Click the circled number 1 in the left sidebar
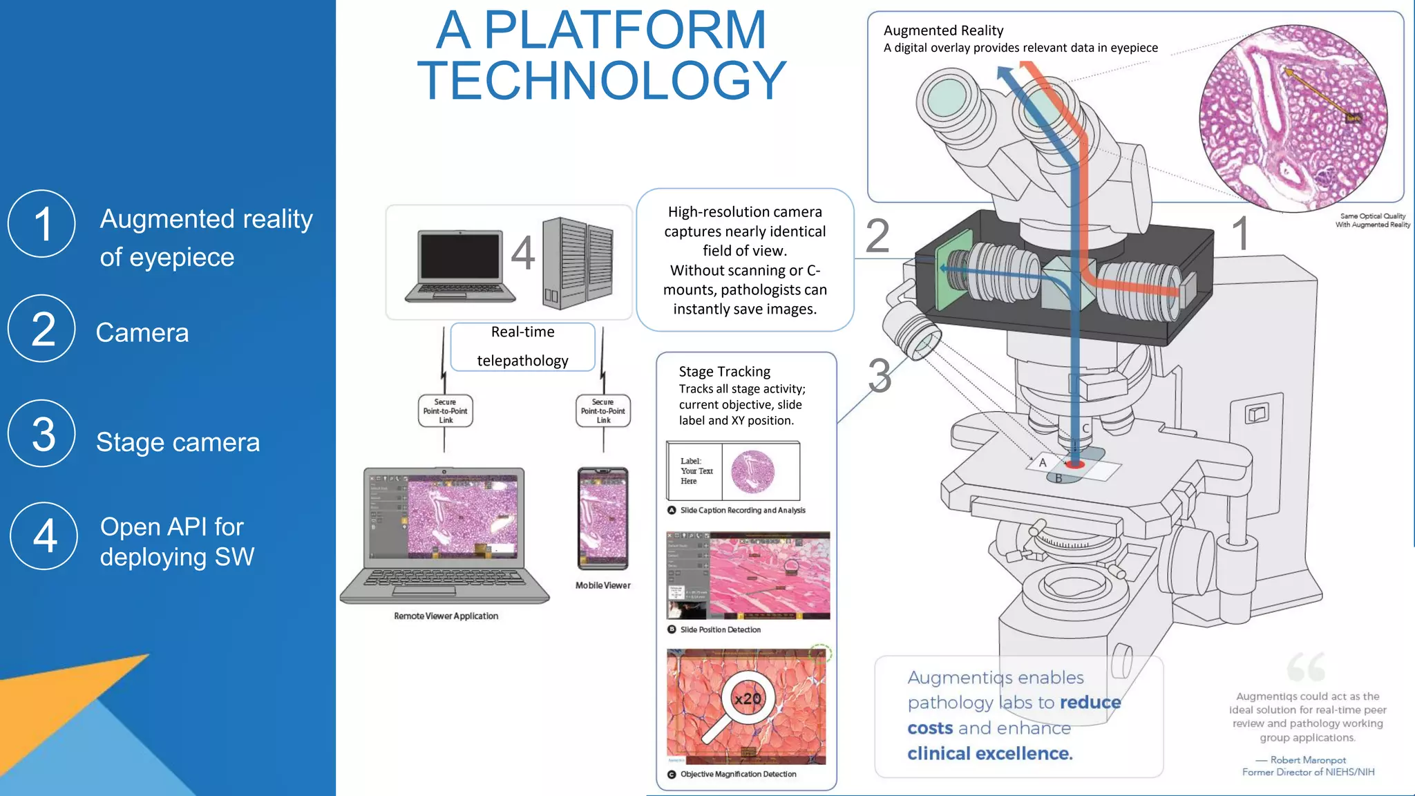41,224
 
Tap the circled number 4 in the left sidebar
44,536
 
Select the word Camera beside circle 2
142,333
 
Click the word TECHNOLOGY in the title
601,81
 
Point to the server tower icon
578,263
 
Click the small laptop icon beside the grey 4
460,267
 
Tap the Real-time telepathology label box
522,347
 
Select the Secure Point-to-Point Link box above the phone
602,410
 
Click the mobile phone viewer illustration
603,518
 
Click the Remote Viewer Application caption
446,616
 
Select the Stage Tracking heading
724,372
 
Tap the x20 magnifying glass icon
748,699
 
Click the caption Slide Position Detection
720,629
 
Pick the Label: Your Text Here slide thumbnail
733,471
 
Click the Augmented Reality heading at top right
943,30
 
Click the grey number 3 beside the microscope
880,376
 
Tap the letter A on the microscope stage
1043,462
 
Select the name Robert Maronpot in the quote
1308,759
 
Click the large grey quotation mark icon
1306,666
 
